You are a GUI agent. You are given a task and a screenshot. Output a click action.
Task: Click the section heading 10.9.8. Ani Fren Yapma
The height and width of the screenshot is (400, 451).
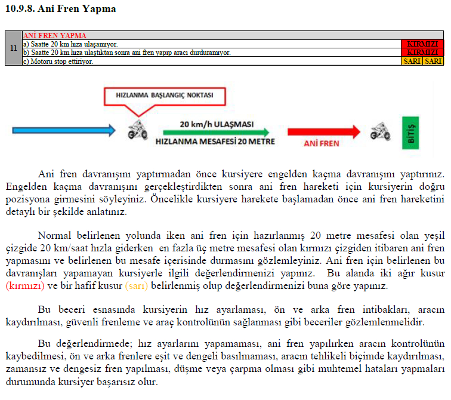point(60,9)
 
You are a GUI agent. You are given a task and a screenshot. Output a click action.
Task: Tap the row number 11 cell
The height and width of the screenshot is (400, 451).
point(13,48)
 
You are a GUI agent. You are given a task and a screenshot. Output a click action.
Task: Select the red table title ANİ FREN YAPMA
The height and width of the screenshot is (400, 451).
point(54,35)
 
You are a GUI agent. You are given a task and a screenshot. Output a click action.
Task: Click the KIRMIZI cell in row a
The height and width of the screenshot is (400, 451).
point(422,44)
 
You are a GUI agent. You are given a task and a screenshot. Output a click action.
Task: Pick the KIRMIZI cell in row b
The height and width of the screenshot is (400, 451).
point(422,53)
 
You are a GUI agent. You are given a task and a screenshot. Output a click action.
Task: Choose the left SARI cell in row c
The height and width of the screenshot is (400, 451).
point(412,61)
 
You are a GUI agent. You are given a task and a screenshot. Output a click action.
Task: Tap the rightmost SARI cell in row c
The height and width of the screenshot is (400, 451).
point(433,61)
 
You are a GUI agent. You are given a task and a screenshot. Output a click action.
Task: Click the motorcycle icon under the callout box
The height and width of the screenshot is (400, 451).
point(138,130)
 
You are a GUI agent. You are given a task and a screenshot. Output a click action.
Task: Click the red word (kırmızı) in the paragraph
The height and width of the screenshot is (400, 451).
point(25,286)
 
